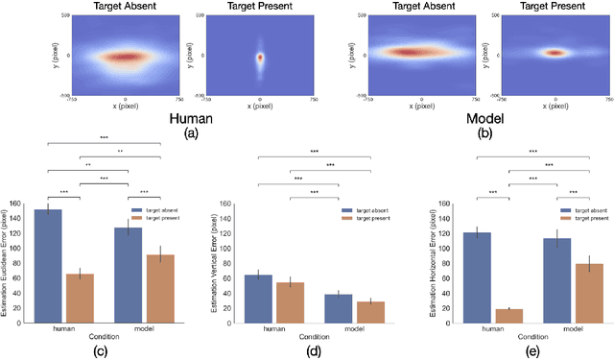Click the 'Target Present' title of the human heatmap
[x=260, y=6]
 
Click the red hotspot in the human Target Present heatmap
[x=259, y=57]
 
